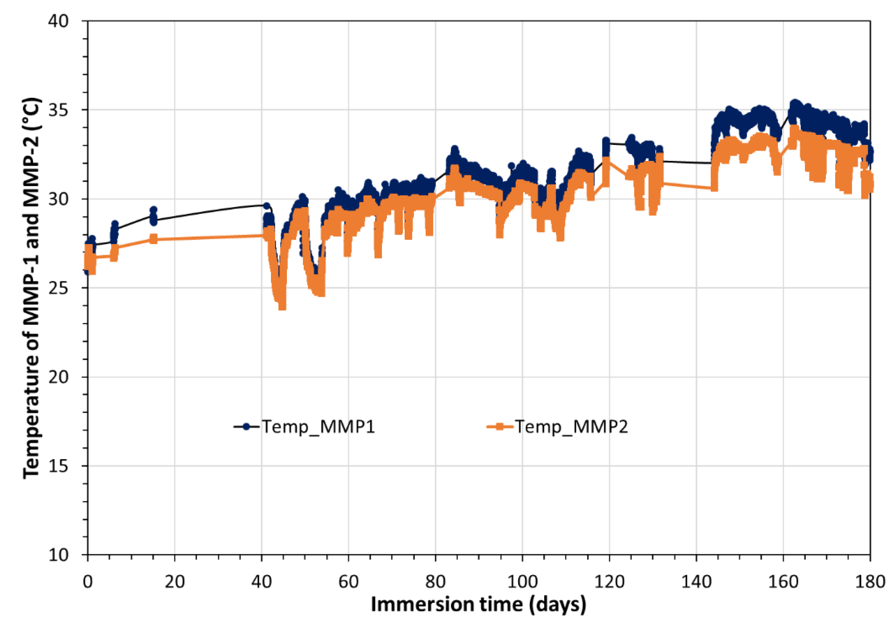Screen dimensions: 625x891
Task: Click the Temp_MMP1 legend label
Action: coord(318,427)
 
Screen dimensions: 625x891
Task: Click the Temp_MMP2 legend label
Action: coord(571,427)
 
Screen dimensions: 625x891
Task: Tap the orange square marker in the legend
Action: coord(500,427)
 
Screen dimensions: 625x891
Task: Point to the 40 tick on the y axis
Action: coord(58,21)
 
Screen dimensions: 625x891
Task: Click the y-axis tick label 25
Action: coord(58,288)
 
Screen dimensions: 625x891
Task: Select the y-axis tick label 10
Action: coord(58,555)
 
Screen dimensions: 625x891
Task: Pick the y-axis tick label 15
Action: coord(58,466)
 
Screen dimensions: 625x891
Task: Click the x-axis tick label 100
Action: coord(522,582)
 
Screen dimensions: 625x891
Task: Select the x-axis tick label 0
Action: coord(88,582)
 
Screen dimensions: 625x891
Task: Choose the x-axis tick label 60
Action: coord(349,582)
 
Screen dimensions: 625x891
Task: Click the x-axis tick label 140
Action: coord(696,582)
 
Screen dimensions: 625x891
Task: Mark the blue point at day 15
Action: coord(154,210)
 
